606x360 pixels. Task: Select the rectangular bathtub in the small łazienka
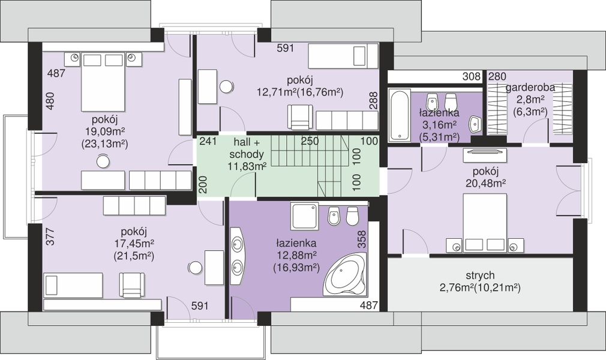click(x=398, y=115)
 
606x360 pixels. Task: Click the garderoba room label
click(x=530, y=88)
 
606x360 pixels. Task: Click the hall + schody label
click(x=246, y=148)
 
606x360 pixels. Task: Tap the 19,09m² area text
click(x=105, y=131)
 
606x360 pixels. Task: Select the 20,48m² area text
click(x=486, y=183)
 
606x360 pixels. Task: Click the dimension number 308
click(x=472, y=77)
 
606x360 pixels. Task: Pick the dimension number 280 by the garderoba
click(x=497, y=77)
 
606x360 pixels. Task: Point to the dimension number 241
click(x=208, y=141)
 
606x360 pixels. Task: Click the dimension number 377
click(x=50, y=236)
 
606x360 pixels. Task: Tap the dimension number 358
click(x=362, y=239)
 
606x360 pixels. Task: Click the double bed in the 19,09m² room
click(x=103, y=82)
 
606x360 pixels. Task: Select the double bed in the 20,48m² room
click(x=485, y=223)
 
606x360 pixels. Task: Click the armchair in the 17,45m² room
click(x=132, y=285)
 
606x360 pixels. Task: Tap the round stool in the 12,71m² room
click(x=226, y=87)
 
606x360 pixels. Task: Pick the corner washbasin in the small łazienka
click(x=475, y=124)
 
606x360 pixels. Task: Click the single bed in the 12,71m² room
click(x=343, y=56)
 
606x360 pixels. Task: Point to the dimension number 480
click(x=50, y=101)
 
